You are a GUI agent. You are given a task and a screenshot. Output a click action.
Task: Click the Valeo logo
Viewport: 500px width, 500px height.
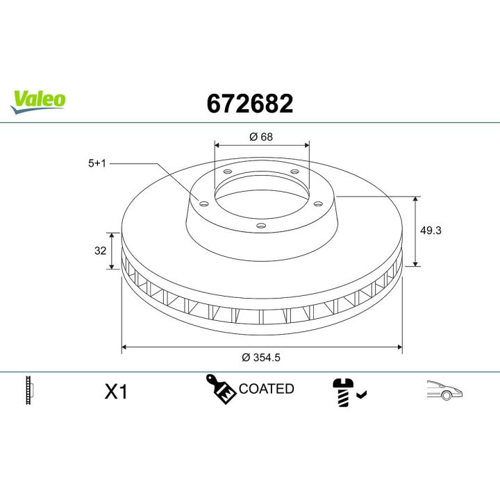tap(39, 99)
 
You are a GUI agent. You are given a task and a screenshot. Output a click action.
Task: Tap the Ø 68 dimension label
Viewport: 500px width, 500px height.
tap(261, 137)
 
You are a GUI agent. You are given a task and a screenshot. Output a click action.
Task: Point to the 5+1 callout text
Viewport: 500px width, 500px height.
tap(97, 164)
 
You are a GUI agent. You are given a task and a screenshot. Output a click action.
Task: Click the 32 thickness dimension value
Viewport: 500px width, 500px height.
tap(100, 251)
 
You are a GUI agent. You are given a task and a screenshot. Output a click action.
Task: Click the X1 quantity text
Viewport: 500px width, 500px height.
tap(116, 392)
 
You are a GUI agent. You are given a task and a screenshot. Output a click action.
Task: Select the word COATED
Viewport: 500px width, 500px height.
tap(267, 389)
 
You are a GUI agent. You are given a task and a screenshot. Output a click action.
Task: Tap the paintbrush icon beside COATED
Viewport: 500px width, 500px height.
tap(220, 389)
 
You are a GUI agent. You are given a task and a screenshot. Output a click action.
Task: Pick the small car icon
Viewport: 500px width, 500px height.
tap(444, 390)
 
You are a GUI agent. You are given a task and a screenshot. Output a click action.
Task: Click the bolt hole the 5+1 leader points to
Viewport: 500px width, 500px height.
tap(203, 203)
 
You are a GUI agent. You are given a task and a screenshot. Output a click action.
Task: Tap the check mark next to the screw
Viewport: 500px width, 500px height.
tap(361, 394)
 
